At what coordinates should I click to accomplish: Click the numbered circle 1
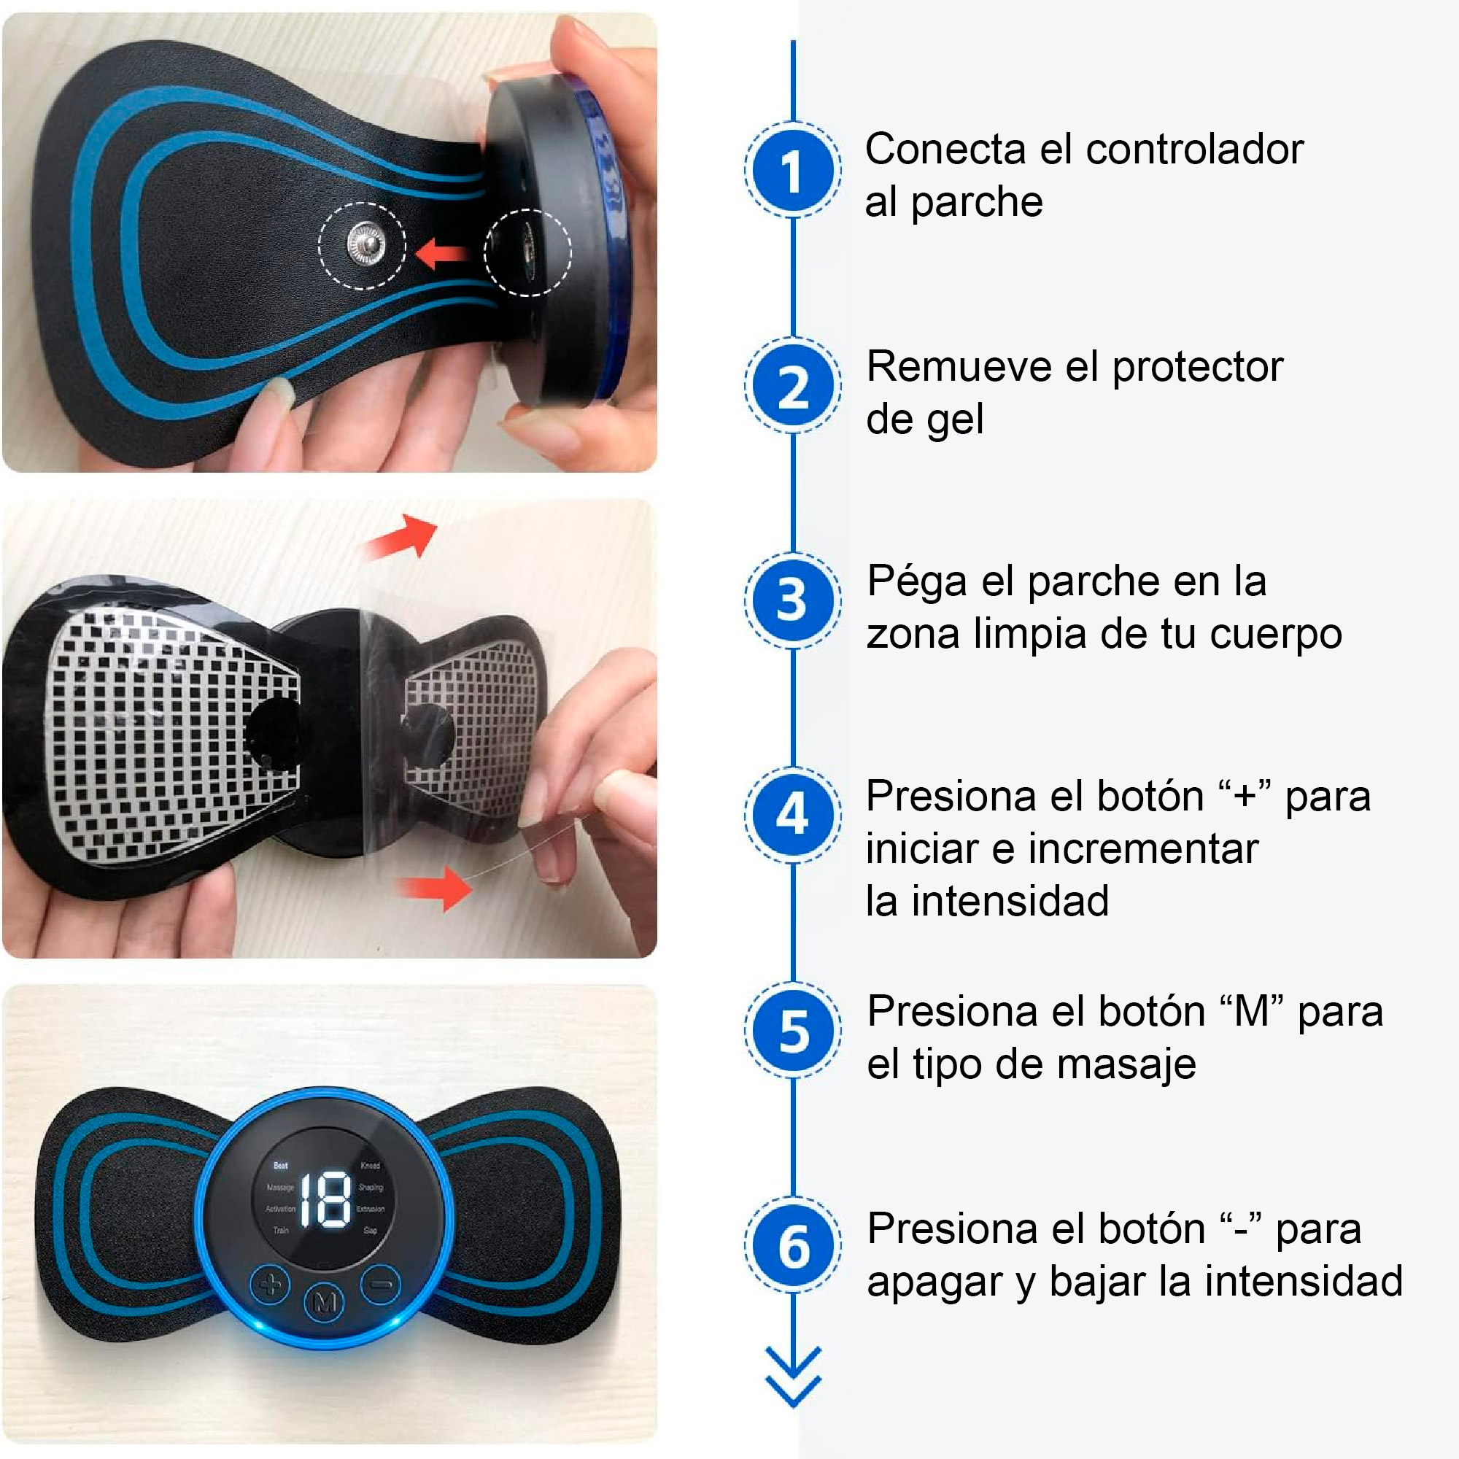click(x=792, y=171)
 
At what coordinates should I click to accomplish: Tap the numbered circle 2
click(x=792, y=386)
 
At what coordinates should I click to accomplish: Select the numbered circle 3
click(x=792, y=600)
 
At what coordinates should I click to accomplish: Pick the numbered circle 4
click(x=792, y=815)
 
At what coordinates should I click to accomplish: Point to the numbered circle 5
click(x=792, y=1030)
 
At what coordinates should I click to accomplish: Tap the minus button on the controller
click(x=382, y=1283)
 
